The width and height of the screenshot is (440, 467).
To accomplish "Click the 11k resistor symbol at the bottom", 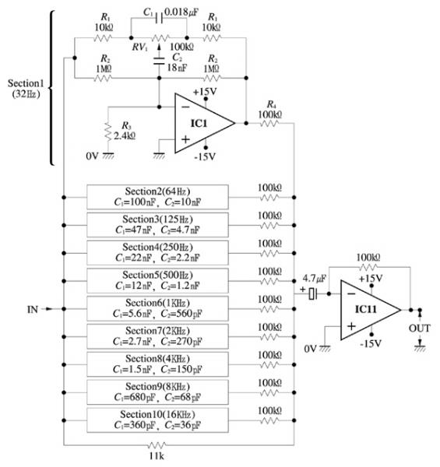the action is coord(157,445).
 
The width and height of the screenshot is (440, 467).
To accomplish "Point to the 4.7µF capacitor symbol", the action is coord(312,294).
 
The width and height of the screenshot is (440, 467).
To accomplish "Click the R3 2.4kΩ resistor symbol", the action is coord(108,131).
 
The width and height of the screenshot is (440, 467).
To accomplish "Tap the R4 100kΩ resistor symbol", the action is coord(269,123).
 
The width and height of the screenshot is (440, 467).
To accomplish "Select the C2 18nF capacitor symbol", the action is coord(159,61).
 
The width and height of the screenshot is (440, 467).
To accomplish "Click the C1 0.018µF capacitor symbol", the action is coord(159,19).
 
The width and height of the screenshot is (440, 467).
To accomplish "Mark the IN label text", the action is coord(33,310).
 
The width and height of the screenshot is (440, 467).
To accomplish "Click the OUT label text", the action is coord(420,328).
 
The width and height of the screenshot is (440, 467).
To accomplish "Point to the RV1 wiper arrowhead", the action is coord(159,46).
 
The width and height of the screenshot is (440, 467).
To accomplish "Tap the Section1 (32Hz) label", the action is coord(26,89).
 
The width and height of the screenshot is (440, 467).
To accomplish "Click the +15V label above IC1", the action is coord(205,91).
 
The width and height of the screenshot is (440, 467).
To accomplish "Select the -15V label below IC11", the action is coord(371,344).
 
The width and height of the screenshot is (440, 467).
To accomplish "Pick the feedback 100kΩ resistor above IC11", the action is coord(368,267).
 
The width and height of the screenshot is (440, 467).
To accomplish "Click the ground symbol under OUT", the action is coord(420,348).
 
